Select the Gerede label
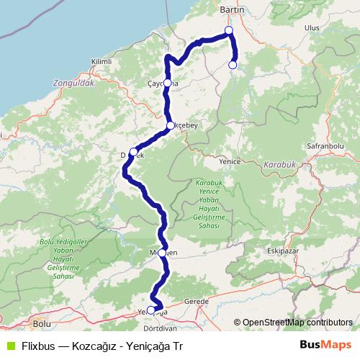pos(196,301)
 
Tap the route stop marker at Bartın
pos(228,31)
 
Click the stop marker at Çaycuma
pos(167,83)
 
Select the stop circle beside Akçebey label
pos(171,126)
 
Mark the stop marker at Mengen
pos(164,253)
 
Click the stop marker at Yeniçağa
pos(150,310)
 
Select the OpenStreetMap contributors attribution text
pos(293,323)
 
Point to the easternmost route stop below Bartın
pos(232,65)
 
